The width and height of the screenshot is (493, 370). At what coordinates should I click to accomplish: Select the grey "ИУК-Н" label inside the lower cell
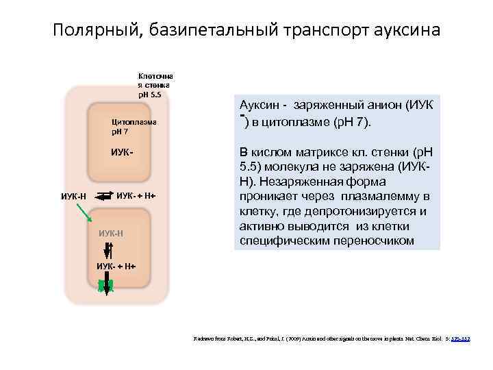[112, 233]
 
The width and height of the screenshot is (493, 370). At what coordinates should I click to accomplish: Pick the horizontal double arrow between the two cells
[103, 197]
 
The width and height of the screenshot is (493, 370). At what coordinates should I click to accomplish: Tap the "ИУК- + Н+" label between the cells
[136, 197]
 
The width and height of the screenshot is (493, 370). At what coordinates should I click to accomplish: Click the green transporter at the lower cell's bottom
[106, 285]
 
